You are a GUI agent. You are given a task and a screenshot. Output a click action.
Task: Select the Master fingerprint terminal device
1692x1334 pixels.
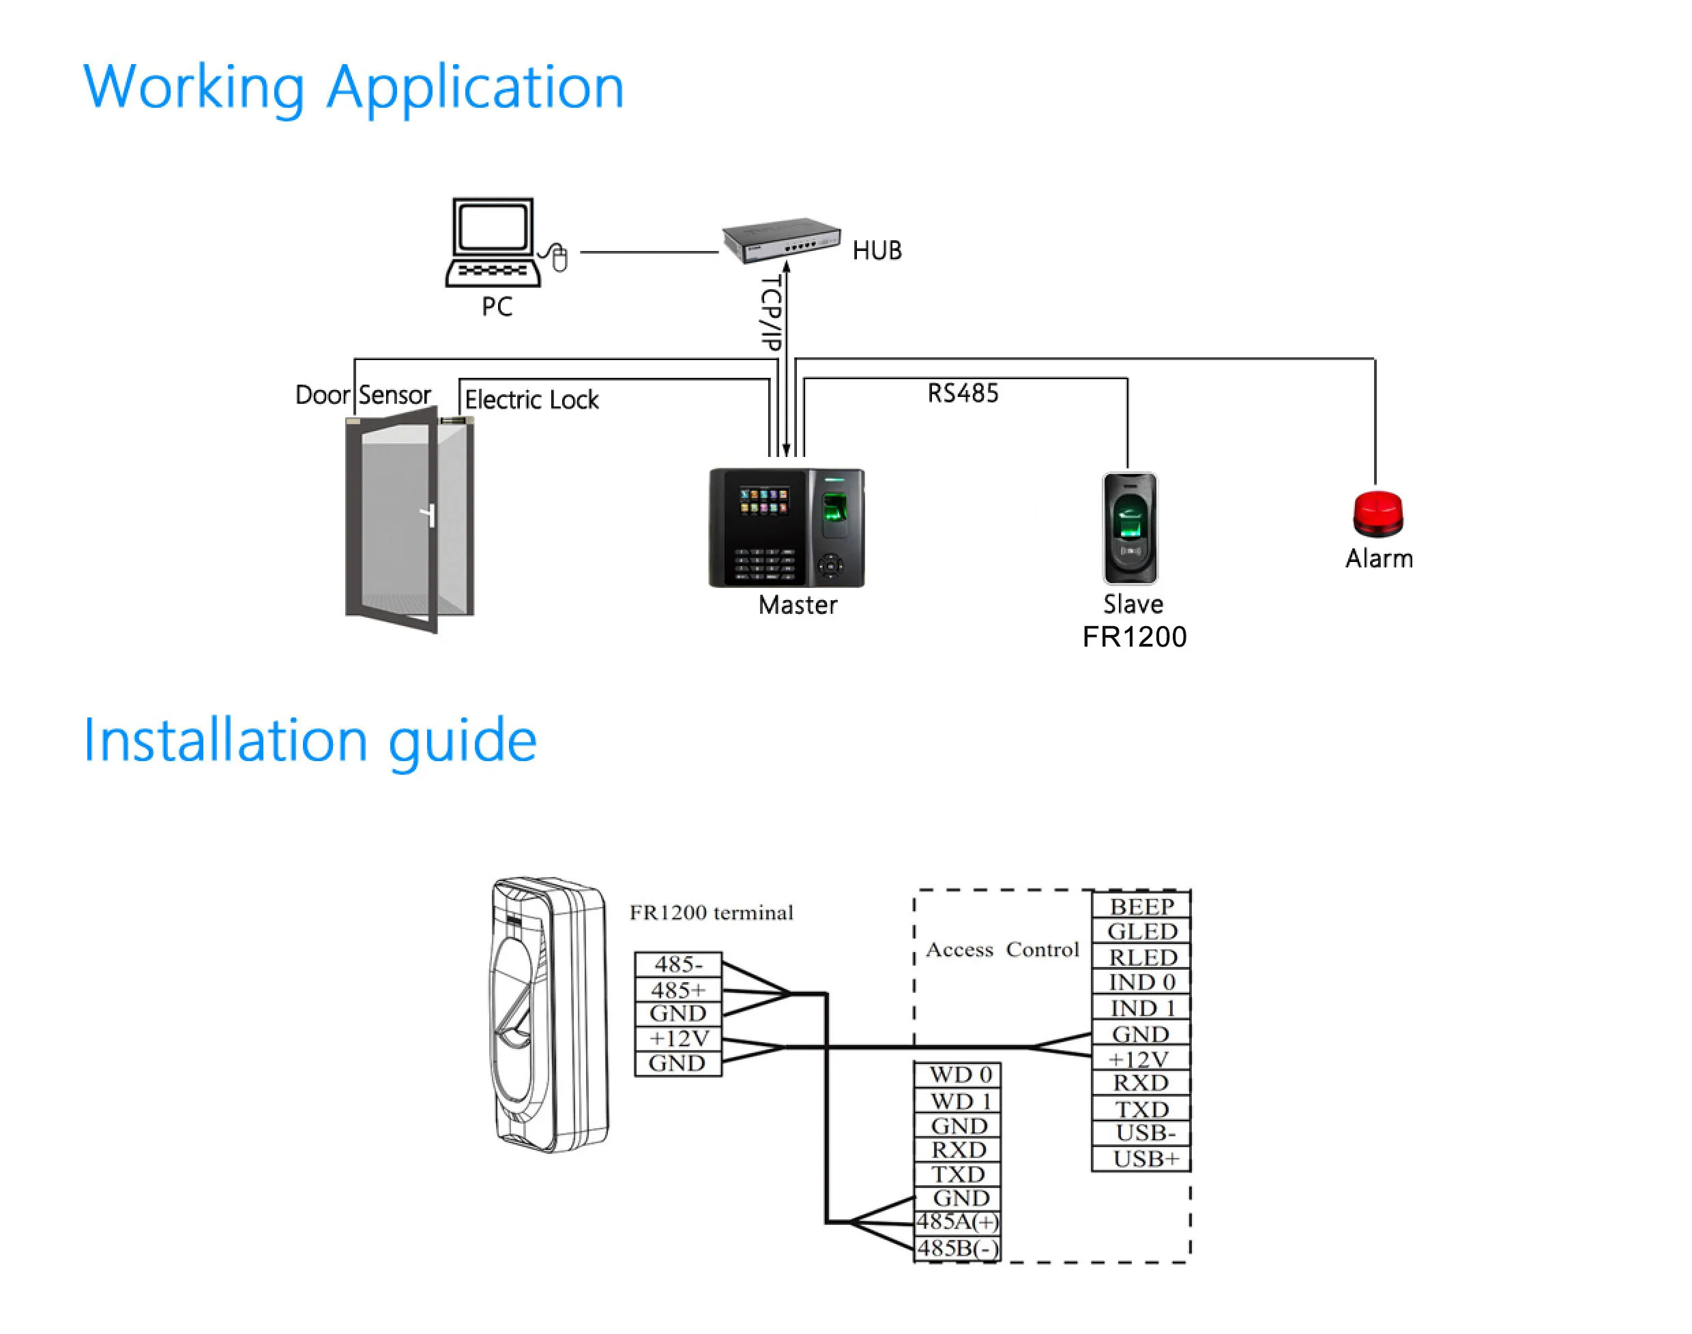coord(786,527)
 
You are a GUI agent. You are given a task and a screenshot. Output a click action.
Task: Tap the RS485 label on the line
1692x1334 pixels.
coord(963,393)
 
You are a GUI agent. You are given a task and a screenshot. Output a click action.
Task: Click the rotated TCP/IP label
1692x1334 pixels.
coord(770,312)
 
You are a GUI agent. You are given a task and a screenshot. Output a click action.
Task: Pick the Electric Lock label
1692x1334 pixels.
coord(531,400)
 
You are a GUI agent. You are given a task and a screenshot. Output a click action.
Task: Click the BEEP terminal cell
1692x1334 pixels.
coord(1141,906)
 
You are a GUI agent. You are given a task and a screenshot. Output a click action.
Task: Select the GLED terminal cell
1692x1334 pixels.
coord(1141,931)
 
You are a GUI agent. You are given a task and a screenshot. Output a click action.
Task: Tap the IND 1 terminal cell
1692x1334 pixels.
coord(1141,1007)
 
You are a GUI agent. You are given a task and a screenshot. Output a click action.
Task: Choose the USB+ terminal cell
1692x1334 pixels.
coord(1144,1158)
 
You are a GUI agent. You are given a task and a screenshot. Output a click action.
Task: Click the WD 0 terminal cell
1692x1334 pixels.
coord(959,1075)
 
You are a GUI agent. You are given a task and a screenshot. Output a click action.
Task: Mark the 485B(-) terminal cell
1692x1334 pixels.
coord(957,1248)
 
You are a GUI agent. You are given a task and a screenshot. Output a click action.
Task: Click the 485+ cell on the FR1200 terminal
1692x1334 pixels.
coord(677,990)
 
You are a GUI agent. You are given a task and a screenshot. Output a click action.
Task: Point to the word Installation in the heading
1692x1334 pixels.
coord(225,740)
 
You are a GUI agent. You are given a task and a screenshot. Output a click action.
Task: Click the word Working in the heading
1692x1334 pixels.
coord(194,87)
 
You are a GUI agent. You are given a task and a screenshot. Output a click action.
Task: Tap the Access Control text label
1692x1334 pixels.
coord(1002,950)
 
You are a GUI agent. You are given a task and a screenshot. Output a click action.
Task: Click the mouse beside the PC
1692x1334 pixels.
coord(559,258)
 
